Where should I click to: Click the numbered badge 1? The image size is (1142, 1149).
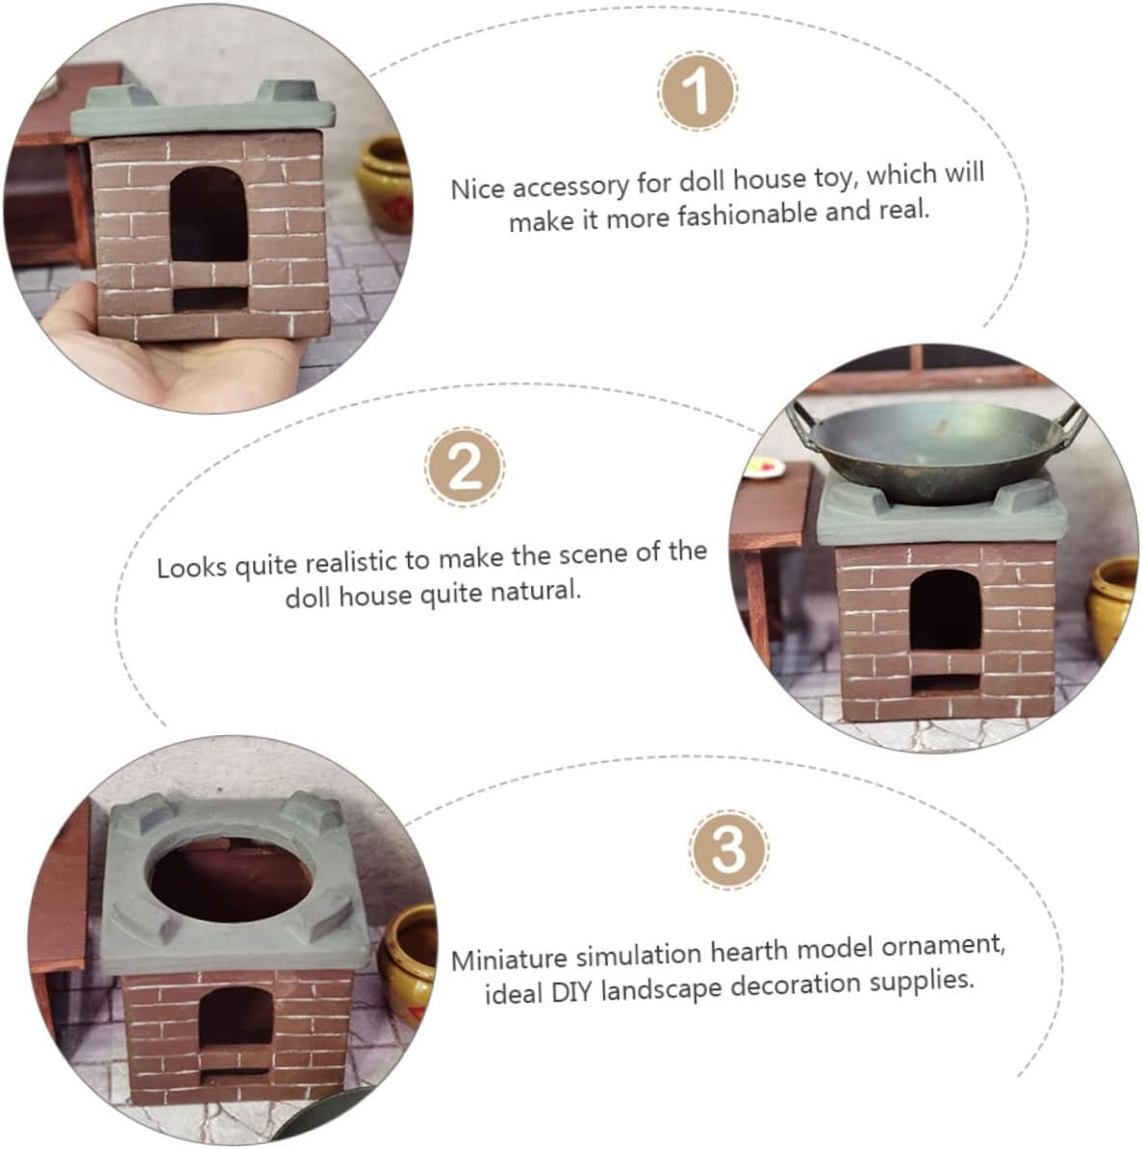[697, 91]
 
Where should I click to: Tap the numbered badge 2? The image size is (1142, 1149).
[465, 468]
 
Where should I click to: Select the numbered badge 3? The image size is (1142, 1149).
[729, 850]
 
